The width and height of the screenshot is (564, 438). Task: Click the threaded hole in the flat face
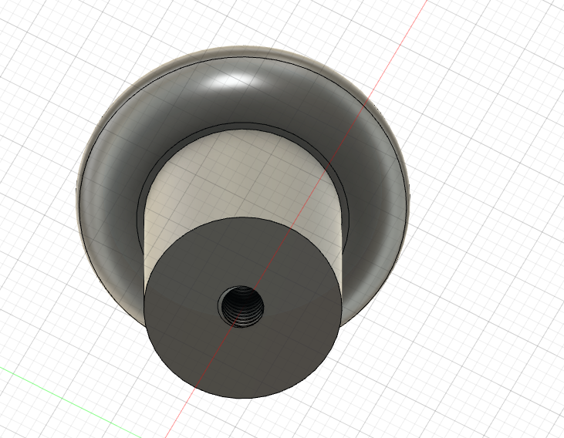point(241,306)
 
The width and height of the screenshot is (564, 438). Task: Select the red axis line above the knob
point(401,46)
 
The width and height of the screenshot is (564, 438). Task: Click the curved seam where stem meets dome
point(239,126)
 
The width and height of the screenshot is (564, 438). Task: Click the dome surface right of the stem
point(374,200)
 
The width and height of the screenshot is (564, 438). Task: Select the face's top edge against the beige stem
point(243,218)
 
